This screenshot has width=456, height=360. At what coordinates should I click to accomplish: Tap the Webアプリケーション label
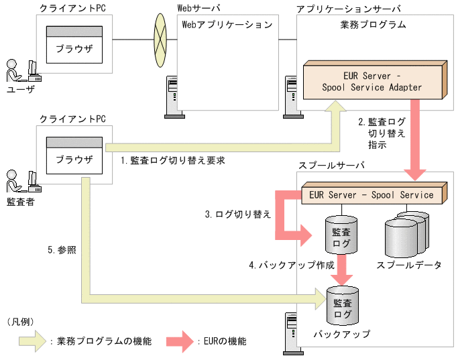[227, 25]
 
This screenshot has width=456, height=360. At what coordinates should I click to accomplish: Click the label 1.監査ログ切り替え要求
[172, 161]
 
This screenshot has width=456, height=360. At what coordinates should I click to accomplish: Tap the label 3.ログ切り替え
[238, 215]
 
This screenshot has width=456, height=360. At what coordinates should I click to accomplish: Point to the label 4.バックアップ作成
[291, 265]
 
